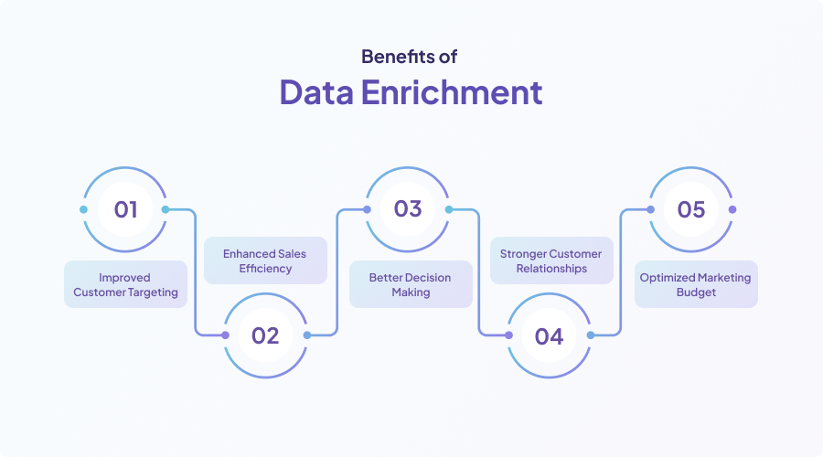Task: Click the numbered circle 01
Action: click(x=125, y=209)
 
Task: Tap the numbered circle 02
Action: click(x=265, y=335)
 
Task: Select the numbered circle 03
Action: click(x=408, y=209)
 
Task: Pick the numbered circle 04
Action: click(x=549, y=335)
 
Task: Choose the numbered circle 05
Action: click(x=691, y=209)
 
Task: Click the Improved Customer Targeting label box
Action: click(x=125, y=284)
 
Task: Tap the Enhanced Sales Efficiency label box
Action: click(x=265, y=260)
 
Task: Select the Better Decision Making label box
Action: click(x=410, y=284)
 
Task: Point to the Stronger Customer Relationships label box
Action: click(x=550, y=260)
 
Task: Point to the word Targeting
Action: click(x=153, y=292)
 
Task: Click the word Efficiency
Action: click(x=265, y=269)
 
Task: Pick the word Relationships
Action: click(x=550, y=269)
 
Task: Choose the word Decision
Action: click(x=426, y=277)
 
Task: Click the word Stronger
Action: click(x=523, y=253)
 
